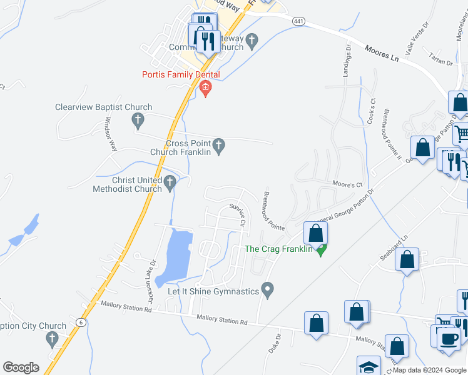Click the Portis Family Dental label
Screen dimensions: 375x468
click(181, 75)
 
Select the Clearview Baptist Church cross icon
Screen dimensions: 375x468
click(139, 119)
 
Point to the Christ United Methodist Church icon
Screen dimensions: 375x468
click(170, 183)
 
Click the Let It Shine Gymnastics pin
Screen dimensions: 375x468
click(268, 291)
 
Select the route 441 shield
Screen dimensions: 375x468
click(298, 22)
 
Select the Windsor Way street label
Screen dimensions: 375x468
click(111, 134)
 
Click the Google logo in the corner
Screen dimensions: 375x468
click(21, 367)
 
